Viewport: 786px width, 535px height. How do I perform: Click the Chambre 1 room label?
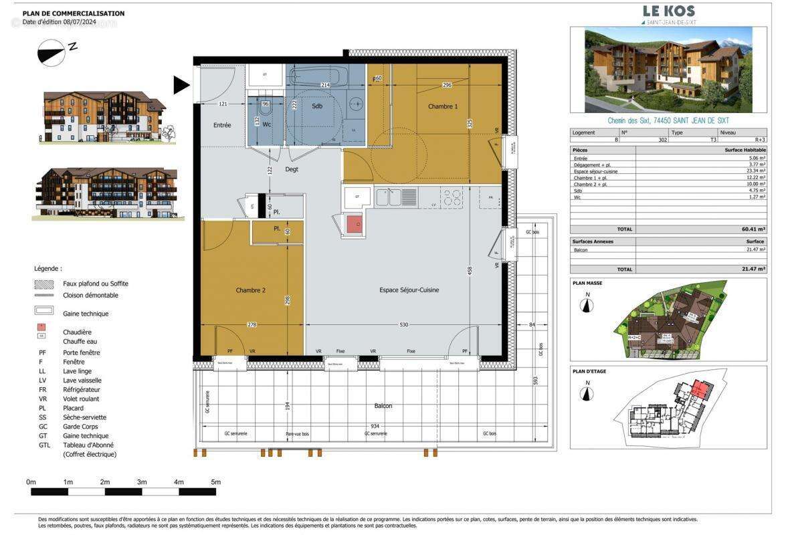[443, 106]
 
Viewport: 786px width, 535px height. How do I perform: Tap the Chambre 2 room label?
[251, 290]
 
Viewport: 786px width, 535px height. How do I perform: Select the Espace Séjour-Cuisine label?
[409, 290]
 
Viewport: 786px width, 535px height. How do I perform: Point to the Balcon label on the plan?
[383, 406]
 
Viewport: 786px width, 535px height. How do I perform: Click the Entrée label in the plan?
[222, 125]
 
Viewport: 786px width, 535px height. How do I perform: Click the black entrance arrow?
[181, 85]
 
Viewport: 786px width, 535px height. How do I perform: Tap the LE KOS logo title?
[668, 11]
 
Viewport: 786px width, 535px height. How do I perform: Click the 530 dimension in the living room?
[403, 324]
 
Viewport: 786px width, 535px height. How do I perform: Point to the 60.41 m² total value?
[755, 229]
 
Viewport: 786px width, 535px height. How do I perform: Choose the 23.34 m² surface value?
[755, 171]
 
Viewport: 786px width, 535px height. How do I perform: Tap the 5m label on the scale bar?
[215, 482]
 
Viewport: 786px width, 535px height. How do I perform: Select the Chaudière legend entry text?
[77, 332]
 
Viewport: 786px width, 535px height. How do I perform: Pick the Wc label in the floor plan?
[266, 124]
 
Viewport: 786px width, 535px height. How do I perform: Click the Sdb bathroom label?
[317, 106]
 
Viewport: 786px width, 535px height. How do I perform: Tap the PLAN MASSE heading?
[587, 284]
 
